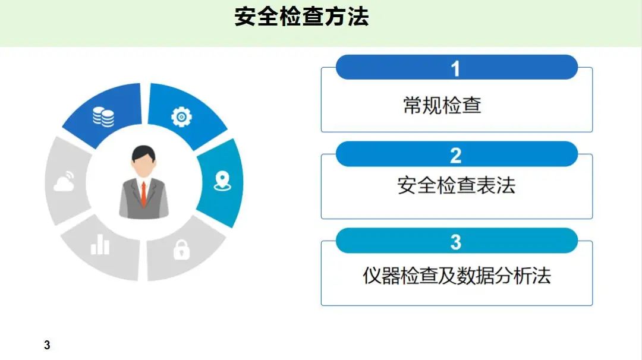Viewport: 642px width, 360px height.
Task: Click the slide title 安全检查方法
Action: coord(301,17)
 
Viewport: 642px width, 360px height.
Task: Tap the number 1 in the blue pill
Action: coord(455,69)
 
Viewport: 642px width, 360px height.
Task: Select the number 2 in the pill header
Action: coord(456,156)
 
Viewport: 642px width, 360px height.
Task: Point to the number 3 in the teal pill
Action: coord(456,242)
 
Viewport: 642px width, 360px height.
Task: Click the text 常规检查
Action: coord(442,105)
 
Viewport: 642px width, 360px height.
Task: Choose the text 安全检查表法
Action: coord(456,185)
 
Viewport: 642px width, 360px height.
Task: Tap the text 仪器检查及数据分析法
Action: coord(457,275)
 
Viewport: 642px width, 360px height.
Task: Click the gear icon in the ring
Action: coord(181,117)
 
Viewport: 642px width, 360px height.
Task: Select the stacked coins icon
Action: coord(103,117)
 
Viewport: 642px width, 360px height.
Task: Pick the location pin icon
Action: coord(222,181)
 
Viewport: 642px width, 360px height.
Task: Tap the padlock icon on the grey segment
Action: coord(181,250)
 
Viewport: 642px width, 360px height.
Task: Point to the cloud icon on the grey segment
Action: coord(64,182)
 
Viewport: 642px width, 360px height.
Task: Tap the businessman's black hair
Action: coord(143,153)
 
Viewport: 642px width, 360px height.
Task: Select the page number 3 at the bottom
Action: coord(47,345)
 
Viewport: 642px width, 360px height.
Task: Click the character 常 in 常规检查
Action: coord(413,105)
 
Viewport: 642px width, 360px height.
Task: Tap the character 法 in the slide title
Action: coord(358,17)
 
